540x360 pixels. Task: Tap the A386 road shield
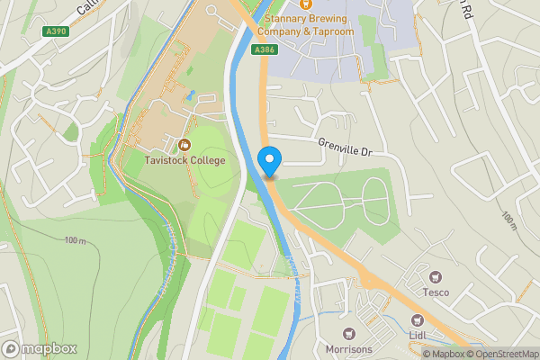[264, 49]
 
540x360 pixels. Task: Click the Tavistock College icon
[185, 144]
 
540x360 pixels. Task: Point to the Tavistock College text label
[185, 160]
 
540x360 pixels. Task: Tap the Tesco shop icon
[436, 276]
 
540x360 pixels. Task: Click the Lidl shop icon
[416, 319]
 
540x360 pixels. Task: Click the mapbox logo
[39, 348]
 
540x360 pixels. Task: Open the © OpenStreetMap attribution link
[502, 354]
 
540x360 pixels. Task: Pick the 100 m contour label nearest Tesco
[508, 220]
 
